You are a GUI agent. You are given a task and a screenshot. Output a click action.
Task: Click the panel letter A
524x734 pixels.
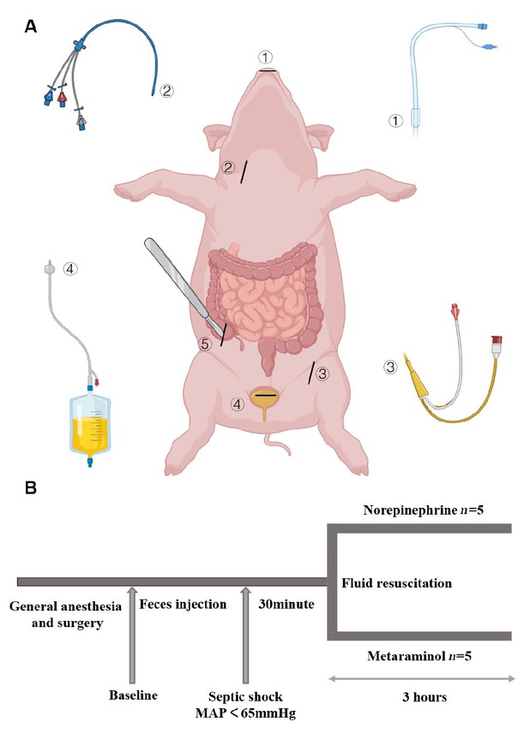point(31,25)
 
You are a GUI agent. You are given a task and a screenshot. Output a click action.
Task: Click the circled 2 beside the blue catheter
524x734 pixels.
point(167,88)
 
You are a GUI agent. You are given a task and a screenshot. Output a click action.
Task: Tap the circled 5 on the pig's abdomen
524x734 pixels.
point(205,344)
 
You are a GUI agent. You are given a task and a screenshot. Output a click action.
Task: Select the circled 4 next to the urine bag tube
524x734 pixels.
point(71,268)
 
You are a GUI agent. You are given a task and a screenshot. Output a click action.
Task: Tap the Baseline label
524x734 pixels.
point(134,693)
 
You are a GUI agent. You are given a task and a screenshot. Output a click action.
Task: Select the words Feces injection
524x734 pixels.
point(184,604)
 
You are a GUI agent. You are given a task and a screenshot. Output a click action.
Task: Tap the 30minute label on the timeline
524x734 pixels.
point(287,604)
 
